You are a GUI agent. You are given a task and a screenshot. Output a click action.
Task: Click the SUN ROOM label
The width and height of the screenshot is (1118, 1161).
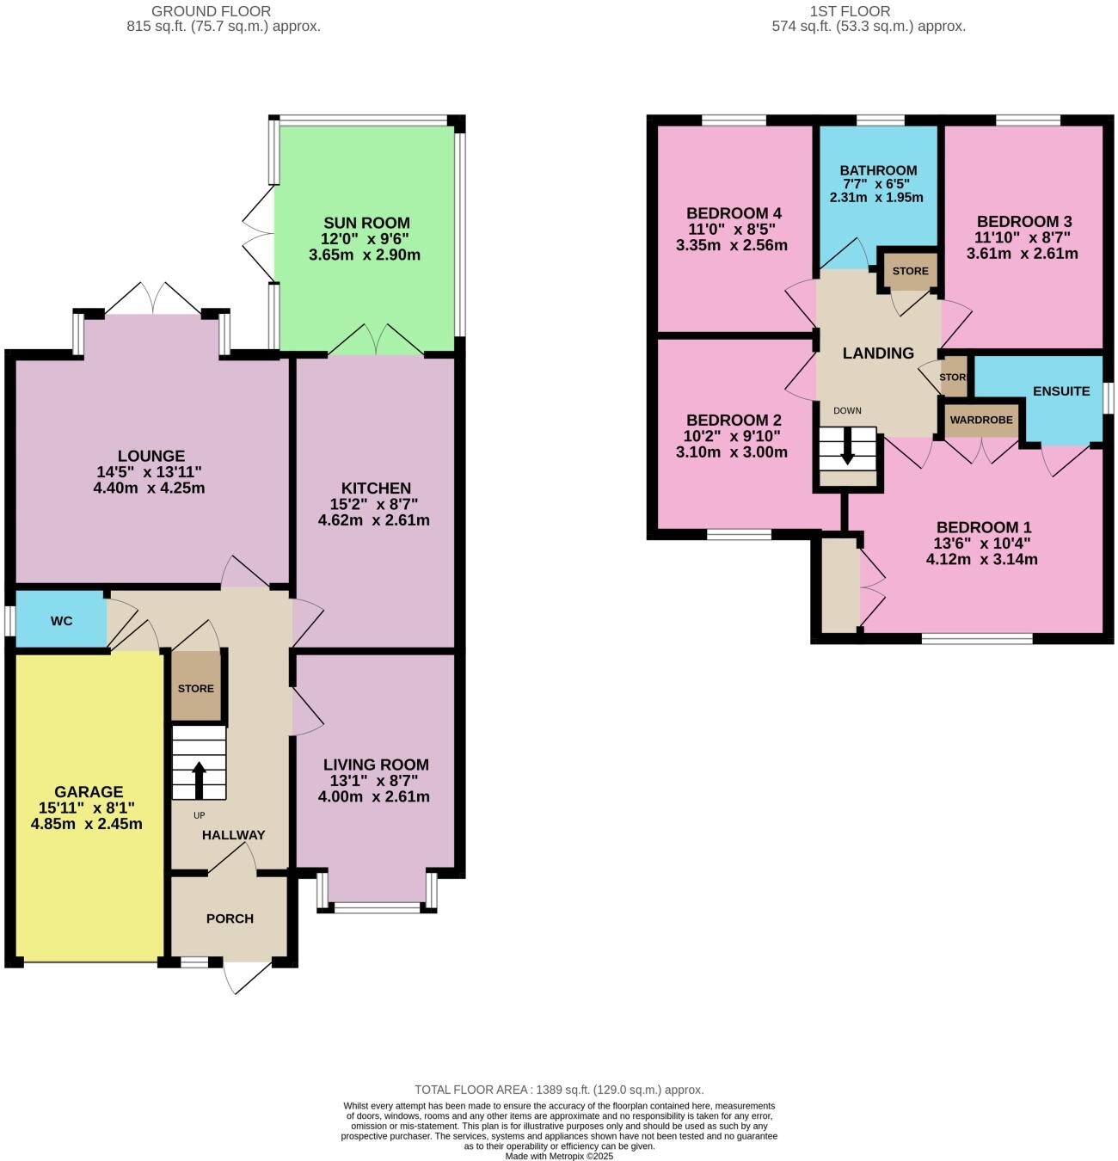pyautogui.click(x=366, y=223)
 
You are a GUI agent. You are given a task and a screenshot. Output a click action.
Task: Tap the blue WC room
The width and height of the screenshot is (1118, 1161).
pyautogui.click(x=60, y=620)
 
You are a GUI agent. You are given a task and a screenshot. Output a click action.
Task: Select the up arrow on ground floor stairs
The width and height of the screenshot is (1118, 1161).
pyautogui.click(x=199, y=778)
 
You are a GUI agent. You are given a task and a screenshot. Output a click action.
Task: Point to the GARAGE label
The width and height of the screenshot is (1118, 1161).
pyautogui.click(x=89, y=791)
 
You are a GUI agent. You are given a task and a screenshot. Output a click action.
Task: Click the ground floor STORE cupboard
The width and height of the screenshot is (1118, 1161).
pyautogui.click(x=196, y=687)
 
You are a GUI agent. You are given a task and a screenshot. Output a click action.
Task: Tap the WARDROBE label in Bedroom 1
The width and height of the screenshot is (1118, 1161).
pyautogui.click(x=981, y=421)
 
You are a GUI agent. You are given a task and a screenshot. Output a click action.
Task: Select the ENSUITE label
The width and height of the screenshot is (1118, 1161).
pyautogui.click(x=1061, y=390)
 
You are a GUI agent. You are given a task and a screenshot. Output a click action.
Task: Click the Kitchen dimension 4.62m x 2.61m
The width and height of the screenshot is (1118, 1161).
pyautogui.click(x=373, y=520)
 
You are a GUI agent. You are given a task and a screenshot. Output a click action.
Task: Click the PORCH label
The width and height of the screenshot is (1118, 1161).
pyautogui.click(x=230, y=918)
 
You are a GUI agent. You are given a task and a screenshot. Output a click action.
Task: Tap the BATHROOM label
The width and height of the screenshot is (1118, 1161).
pyautogui.click(x=878, y=170)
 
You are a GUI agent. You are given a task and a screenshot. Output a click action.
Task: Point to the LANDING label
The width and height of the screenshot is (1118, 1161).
pyautogui.click(x=878, y=353)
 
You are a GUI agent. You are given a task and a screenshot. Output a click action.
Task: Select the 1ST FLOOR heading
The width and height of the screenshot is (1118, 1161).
pyautogui.click(x=850, y=11)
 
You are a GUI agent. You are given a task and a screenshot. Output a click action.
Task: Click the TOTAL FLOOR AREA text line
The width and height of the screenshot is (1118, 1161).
pyautogui.click(x=559, y=1090)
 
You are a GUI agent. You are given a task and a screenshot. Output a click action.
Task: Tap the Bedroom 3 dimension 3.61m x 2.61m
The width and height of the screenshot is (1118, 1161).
pyautogui.click(x=1022, y=254)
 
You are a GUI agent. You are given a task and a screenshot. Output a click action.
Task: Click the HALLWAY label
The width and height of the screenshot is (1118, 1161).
pyautogui.click(x=233, y=834)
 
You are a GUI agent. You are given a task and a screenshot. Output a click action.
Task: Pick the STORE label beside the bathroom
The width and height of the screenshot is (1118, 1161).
pyautogui.click(x=910, y=271)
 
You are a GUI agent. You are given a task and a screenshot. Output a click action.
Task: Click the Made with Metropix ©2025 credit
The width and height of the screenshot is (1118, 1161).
pyautogui.click(x=559, y=1156)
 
